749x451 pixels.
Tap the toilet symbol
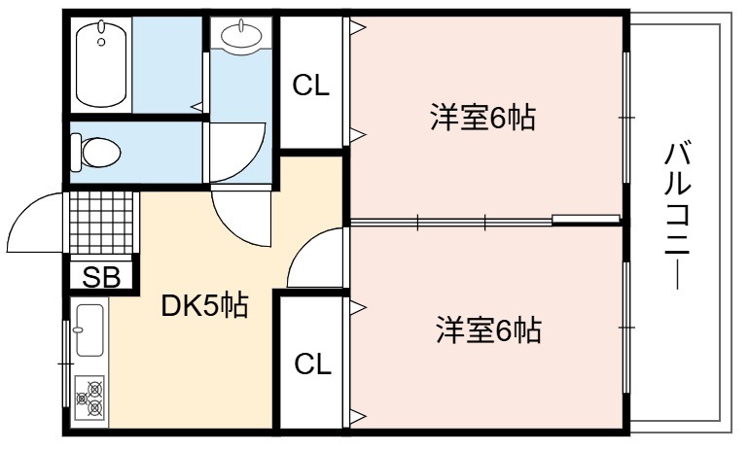[x=97, y=152]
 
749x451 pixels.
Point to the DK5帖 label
[x=205, y=307]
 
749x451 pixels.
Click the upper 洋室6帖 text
[x=483, y=119]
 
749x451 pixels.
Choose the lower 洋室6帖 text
[x=486, y=330]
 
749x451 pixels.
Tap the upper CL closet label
[x=311, y=86]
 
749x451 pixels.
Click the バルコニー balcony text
[x=678, y=214]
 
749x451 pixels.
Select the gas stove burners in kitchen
[x=89, y=399]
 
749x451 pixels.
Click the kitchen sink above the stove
[x=89, y=330]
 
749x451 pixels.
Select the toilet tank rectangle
[x=76, y=152]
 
